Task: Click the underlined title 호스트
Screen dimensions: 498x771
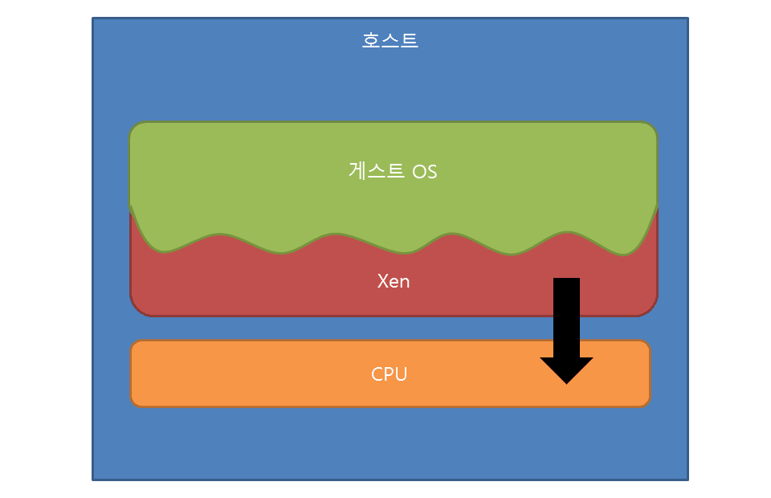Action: (390, 40)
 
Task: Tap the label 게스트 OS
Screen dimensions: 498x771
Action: (393, 171)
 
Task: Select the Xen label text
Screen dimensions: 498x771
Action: (394, 281)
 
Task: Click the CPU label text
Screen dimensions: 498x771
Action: (390, 373)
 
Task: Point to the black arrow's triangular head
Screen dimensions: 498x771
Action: (566, 369)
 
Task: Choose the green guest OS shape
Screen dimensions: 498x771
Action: (241, 177)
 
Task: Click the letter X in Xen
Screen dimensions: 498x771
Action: (383, 281)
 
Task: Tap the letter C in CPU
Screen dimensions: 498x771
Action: (377, 373)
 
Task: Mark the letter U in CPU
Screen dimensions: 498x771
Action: (401, 373)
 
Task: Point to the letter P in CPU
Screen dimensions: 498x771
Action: (390, 373)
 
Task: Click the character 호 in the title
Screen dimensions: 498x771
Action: (371, 40)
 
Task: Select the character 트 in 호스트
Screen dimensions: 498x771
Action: (409, 40)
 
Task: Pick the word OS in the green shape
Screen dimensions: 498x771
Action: (425, 172)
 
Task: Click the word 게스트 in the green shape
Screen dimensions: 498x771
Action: (377, 171)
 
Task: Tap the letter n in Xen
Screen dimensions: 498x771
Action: (405, 282)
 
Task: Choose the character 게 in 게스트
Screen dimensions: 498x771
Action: (358, 171)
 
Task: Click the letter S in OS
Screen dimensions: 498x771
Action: (431, 172)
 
